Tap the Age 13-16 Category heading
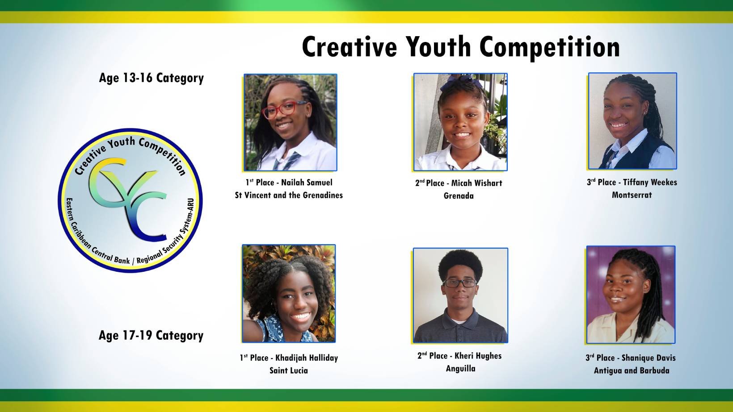coord(151,78)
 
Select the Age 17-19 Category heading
coord(151,336)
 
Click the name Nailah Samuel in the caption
coord(307,182)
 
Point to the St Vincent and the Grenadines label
coord(289,195)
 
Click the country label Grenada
coord(459,196)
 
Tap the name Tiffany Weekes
coord(650,182)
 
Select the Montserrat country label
coord(632,195)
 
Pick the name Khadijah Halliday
coord(307,358)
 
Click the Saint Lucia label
coord(289,370)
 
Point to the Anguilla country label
coord(460,369)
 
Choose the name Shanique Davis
coord(648,358)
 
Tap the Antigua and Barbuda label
coord(632,370)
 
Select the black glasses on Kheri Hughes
coord(459,283)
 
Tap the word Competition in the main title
coord(550,48)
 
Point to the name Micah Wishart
coord(476,183)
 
